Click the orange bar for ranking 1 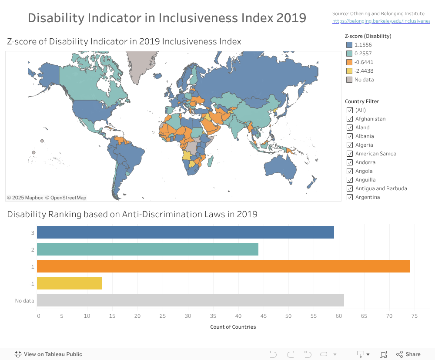click(223, 266)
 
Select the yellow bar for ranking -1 click(70, 283)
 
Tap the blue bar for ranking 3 click(185, 232)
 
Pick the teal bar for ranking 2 click(147, 249)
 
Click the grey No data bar click(190, 300)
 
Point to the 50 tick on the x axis click(288, 316)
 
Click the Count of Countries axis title click(233, 327)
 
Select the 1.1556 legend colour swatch click(349, 45)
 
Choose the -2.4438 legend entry click(364, 71)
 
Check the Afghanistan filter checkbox click(349, 119)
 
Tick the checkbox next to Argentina click(349, 197)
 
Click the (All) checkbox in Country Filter click(349, 110)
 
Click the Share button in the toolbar click(408, 354)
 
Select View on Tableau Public click(48, 354)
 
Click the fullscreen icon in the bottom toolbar click(383, 354)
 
